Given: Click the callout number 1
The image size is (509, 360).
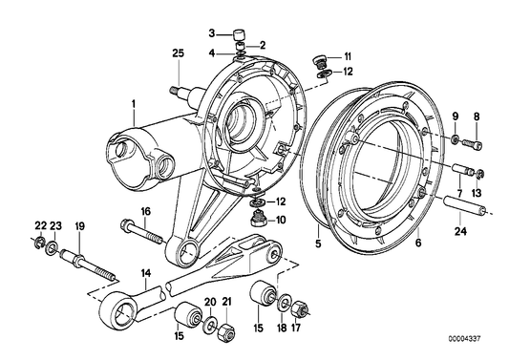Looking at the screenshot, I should pyautogui.click(x=135, y=103).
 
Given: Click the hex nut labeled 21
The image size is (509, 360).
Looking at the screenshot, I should pyautogui.click(x=227, y=333).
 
